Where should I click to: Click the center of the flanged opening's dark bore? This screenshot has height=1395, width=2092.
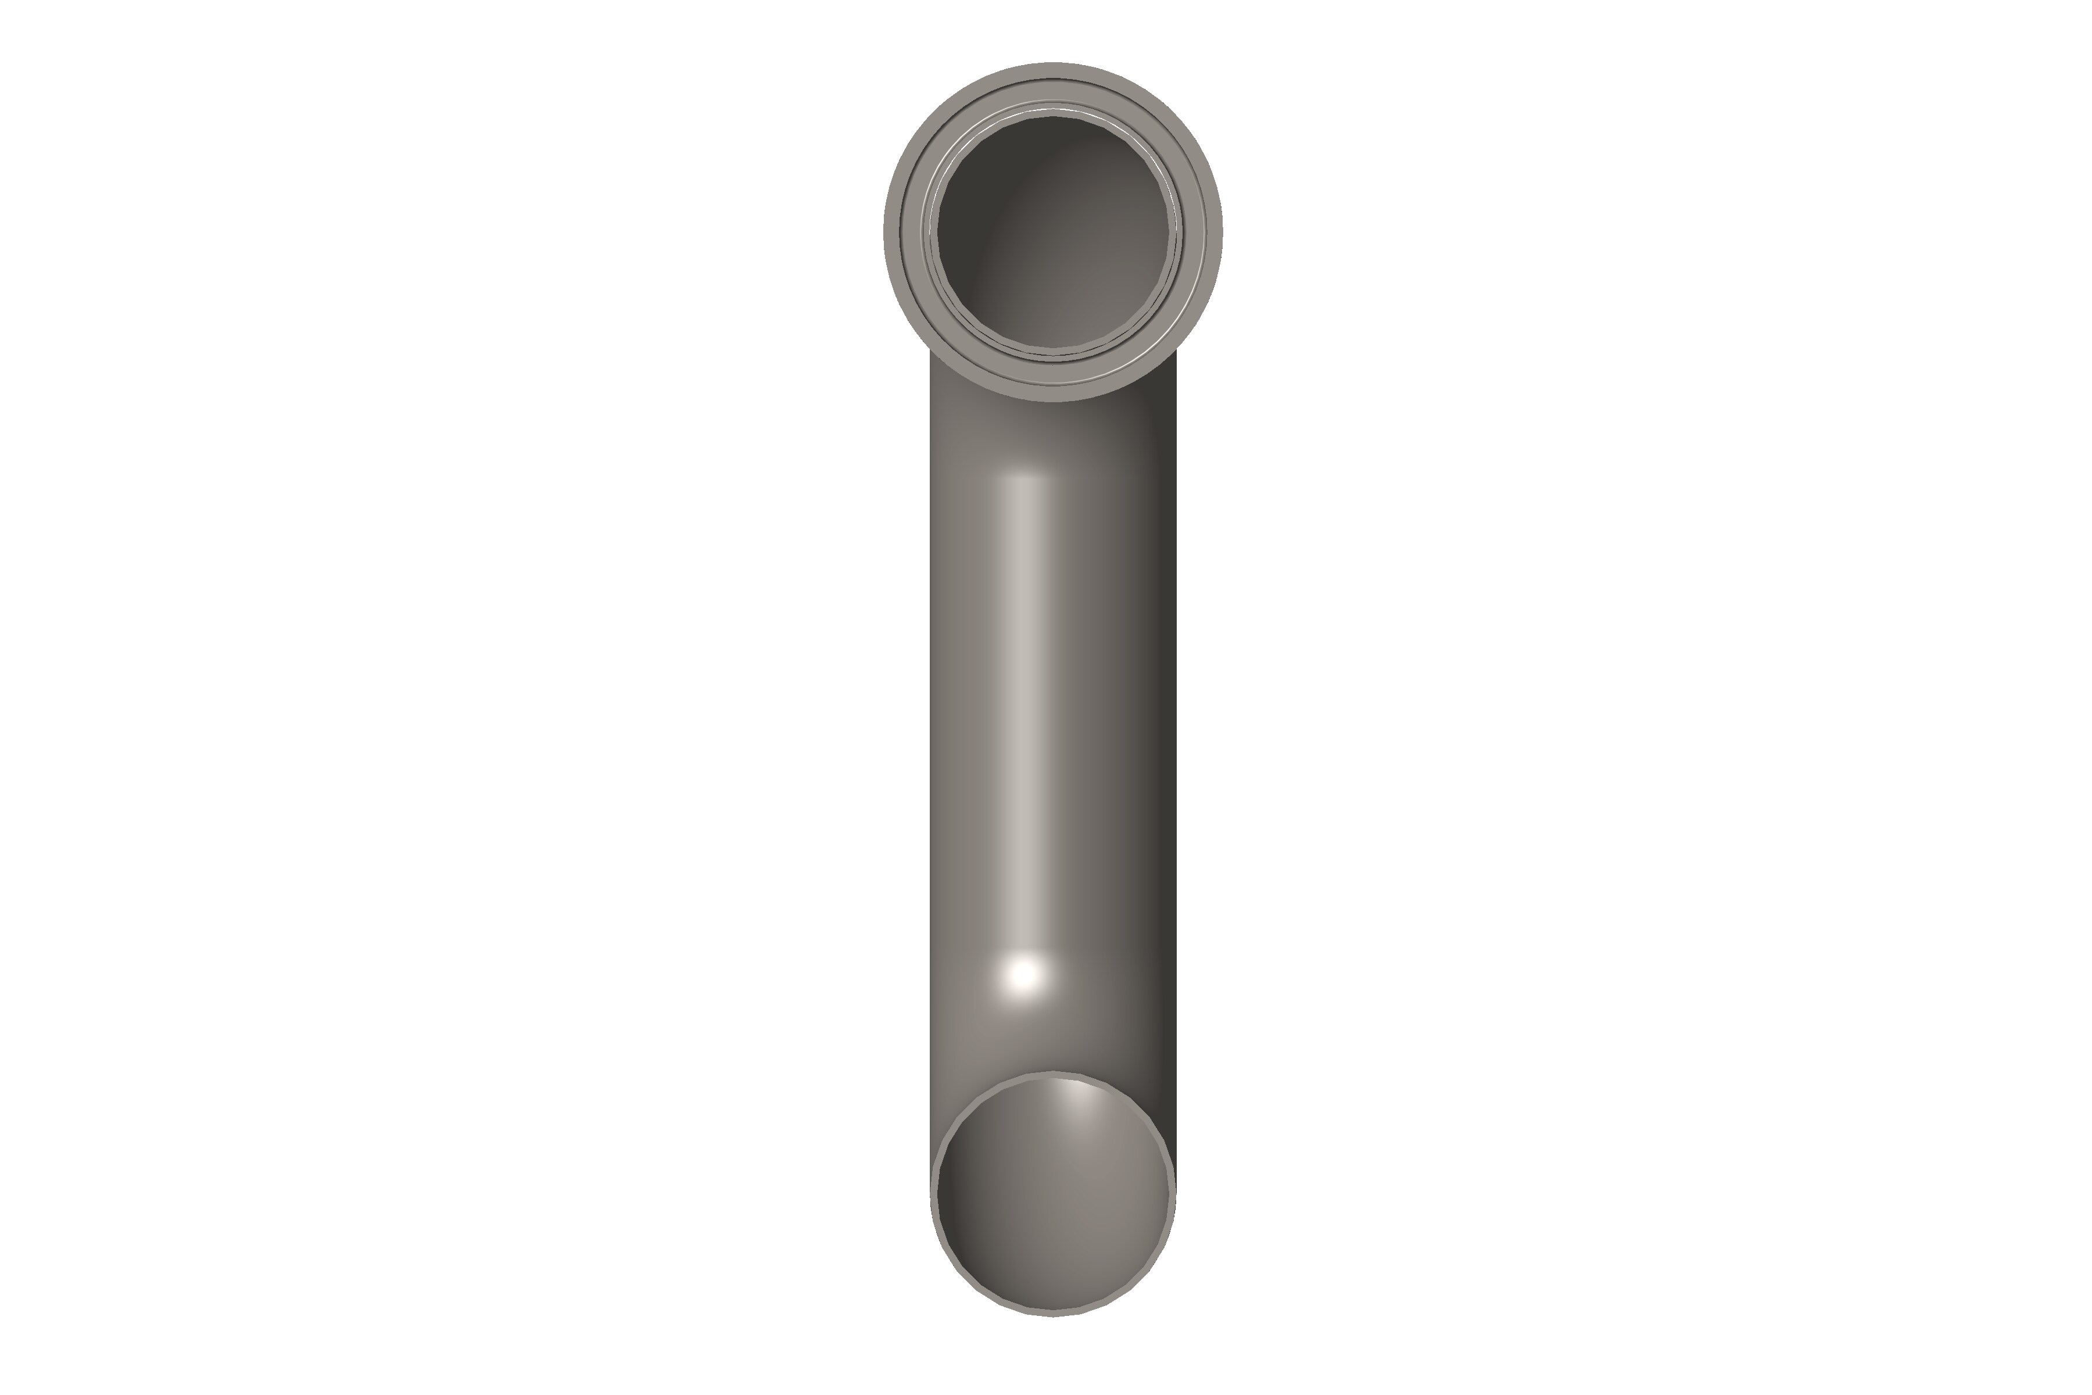(x=1053, y=231)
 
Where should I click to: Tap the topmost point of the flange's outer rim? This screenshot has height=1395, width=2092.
(x=1053, y=64)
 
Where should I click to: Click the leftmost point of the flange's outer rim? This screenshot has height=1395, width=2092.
(x=884, y=231)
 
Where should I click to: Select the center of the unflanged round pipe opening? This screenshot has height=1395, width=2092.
(x=1053, y=1192)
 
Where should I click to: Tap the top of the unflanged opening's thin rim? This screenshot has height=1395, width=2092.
(x=1053, y=1074)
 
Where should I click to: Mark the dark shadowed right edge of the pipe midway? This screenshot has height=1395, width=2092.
(x=1170, y=711)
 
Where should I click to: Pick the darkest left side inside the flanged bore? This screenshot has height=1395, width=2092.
(x=961, y=223)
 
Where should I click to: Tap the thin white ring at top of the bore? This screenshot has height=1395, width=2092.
(x=1053, y=111)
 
